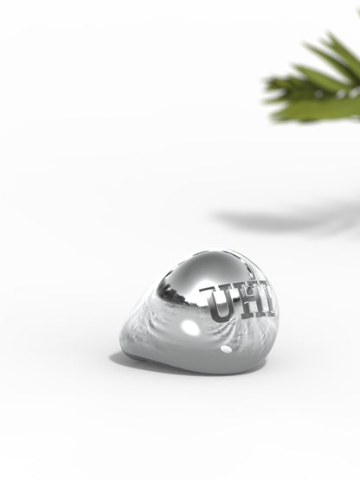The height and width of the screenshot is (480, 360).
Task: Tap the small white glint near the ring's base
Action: click(227, 349)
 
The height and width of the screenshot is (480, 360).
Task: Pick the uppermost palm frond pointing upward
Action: click(333, 43)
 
